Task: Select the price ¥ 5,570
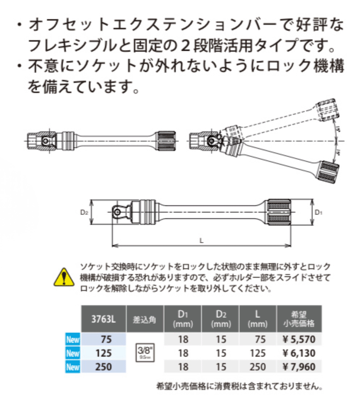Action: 297,339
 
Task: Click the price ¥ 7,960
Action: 297,367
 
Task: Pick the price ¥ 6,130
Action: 297,353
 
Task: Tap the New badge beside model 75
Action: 73,340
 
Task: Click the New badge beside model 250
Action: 73,367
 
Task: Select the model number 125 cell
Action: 104,353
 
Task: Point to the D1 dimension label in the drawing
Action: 318,212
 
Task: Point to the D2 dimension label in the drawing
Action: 84,212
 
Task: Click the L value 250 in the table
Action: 259,367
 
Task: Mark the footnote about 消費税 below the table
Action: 239,386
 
